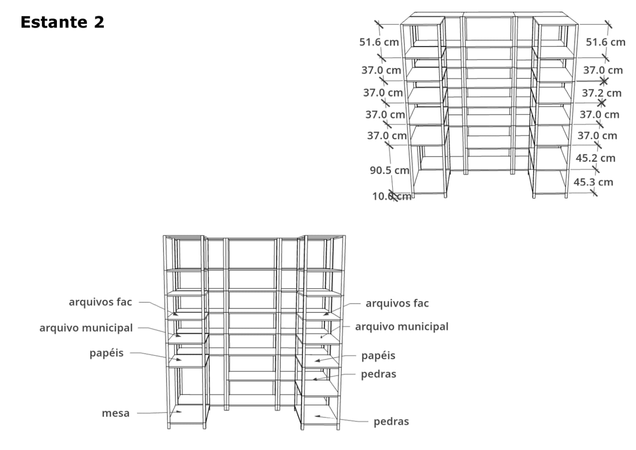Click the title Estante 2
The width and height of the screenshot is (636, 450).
click(62, 22)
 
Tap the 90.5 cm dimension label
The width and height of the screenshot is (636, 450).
click(389, 170)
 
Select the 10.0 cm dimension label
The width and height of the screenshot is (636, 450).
click(391, 196)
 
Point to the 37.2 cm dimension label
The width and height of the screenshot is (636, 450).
click(602, 93)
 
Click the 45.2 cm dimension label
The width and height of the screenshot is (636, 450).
click(595, 158)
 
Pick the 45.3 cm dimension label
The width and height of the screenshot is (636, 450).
click(593, 182)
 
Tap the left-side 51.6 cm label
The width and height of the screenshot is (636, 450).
click(379, 42)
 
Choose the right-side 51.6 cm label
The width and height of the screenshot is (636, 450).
click(606, 42)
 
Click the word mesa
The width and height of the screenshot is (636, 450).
click(116, 413)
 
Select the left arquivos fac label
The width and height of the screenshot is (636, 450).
click(101, 302)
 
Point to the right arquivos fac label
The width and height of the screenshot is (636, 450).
click(397, 304)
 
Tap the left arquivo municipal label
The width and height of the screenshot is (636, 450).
click(86, 328)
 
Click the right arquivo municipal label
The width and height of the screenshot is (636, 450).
click(402, 327)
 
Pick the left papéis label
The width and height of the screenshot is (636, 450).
click(107, 353)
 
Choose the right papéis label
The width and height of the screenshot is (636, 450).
click(378, 356)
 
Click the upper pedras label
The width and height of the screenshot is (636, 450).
click(379, 374)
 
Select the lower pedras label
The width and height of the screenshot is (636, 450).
click(391, 422)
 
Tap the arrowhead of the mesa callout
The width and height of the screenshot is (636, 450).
click(179, 411)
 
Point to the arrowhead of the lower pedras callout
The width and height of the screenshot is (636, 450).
click(317, 416)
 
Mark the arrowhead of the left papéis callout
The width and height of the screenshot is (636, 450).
click(179, 360)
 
